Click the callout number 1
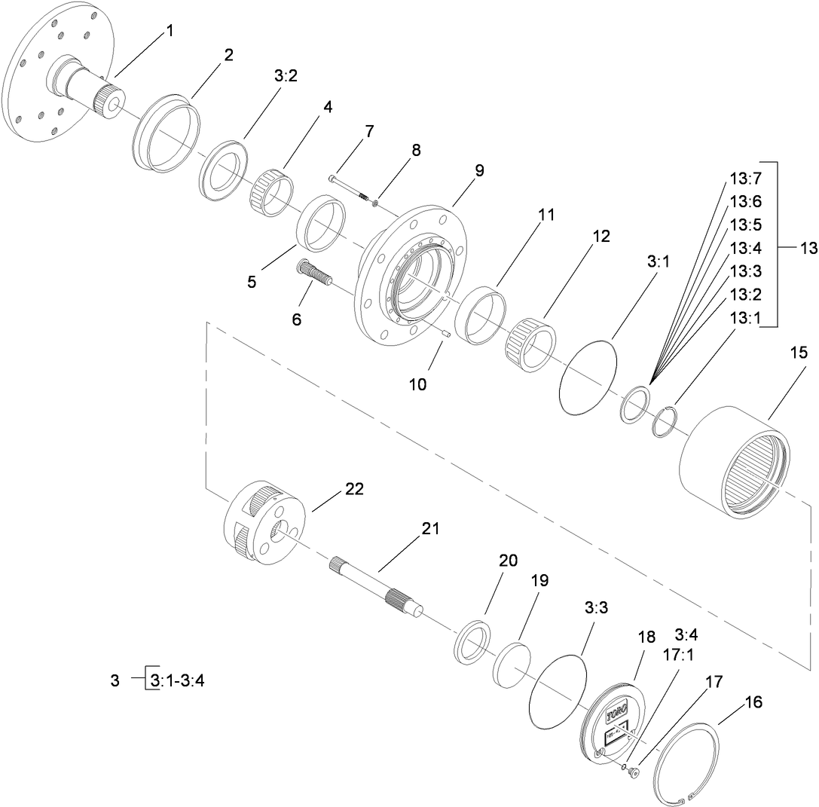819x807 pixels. pyautogui.click(x=170, y=31)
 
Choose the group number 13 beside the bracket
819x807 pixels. pyautogui.click(x=807, y=249)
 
